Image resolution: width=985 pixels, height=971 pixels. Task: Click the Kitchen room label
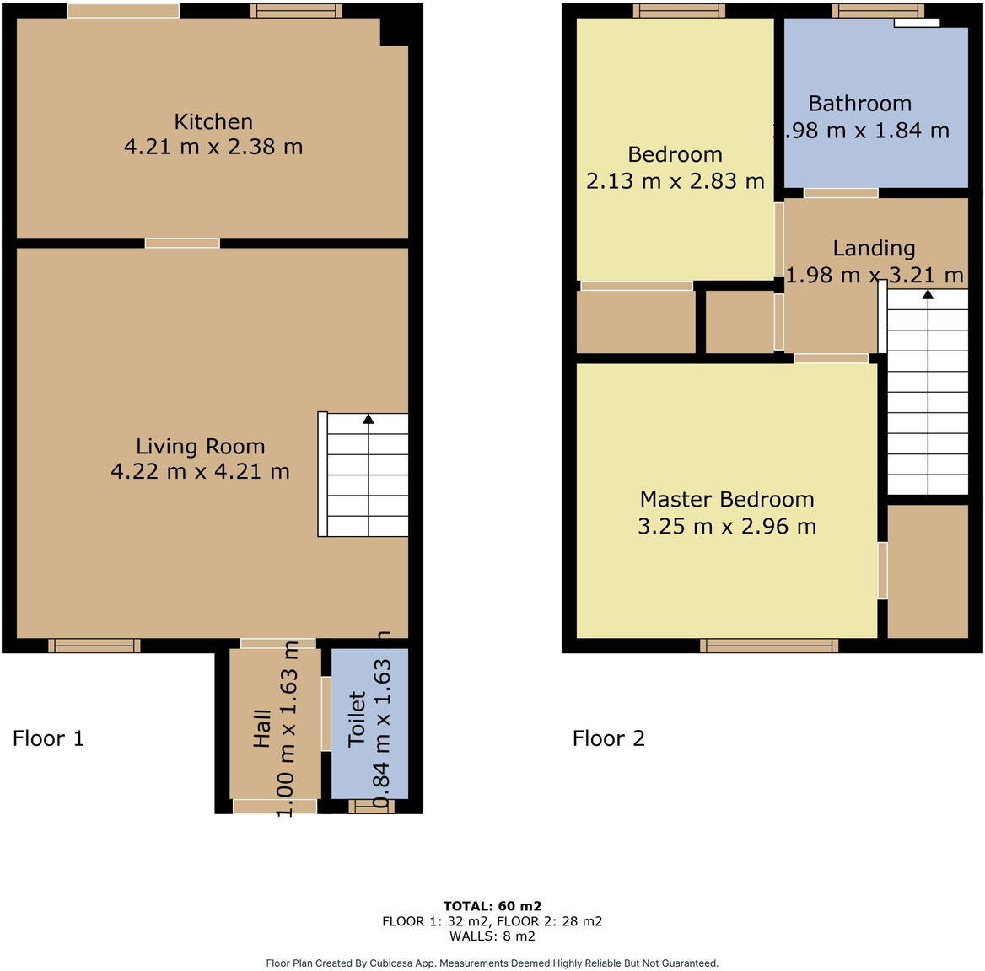pyautogui.click(x=213, y=121)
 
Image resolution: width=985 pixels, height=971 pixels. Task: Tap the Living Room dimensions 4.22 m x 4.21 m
pyautogui.click(x=200, y=472)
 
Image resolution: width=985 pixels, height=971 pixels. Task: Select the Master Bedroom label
pyautogui.click(x=727, y=499)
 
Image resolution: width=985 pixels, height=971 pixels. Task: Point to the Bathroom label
pyautogui.click(x=859, y=104)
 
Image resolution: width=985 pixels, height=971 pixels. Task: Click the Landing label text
pyautogui.click(x=874, y=249)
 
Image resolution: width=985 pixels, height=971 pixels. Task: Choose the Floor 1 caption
pyautogui.click(x=48, y=739)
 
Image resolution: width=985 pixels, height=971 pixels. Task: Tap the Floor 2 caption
pyautogui.click(x=608, y=739)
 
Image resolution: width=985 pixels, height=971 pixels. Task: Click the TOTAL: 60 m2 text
pyautogui.click(x=492, y=906)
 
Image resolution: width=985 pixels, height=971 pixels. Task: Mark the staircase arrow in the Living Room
pyautogui.click(x=368, y=419)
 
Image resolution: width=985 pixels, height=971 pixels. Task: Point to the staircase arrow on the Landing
pyautogui.click(x=928, y=294)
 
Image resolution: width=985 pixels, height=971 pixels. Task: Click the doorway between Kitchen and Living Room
pyautogui.click(x=182, y=243)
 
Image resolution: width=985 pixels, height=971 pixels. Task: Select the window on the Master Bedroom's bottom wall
pyautogui.click(x=768, y=646)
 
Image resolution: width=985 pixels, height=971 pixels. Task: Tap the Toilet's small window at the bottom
pyautogui.click(x=371, y=807)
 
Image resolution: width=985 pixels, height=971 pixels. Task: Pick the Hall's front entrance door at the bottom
pyautogui.click(x=275, y=807)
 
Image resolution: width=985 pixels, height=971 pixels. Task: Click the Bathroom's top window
pyautogui.click(x=878, y=11)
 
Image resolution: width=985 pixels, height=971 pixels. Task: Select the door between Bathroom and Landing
pyautogui.click(x=840, y=193)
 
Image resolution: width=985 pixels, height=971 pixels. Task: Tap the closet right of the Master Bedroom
pyautogui.click(x=927, y=571)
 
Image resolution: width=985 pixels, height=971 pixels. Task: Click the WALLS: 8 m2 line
pyautogui.click(x=492, y=936)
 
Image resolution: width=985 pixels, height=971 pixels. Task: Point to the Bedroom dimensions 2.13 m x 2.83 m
pyautogui.click(x=675, y=181)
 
